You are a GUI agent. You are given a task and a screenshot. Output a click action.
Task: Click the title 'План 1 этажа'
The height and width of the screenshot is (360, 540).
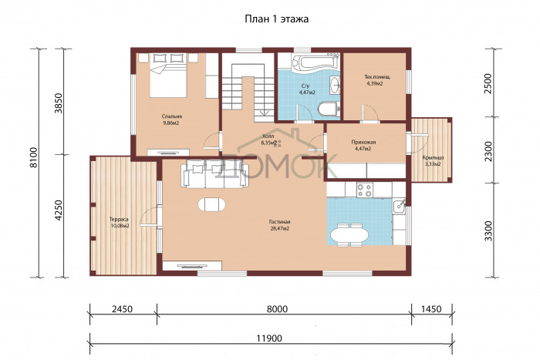click(x=276, y=19)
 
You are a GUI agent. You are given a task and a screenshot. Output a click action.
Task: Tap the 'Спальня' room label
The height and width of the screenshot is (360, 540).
click(x=171, y=116)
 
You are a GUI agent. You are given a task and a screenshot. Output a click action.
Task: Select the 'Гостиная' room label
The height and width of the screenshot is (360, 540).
click(x=279, y=222)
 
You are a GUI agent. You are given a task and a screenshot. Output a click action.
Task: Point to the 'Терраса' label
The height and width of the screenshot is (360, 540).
click(x=119, y=219)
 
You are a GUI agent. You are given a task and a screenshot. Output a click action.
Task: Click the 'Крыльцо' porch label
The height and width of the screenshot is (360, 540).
click(x=433, y=157)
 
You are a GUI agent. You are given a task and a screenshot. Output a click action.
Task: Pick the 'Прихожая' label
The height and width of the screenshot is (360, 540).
click(x=363, y=142)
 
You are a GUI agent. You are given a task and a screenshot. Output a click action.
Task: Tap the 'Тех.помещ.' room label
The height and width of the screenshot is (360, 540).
click(x=377, y=77)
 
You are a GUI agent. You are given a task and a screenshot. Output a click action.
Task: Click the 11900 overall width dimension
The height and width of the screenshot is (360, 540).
click(x=269, y=338)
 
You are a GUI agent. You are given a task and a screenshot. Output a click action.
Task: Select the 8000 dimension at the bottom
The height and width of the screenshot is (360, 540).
click(x=277, y=309)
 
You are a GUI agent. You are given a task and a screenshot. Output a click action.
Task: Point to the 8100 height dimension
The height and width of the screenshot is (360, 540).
click(x=33, y=157)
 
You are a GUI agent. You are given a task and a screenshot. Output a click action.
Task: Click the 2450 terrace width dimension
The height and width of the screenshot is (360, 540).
click(x=122, y=309)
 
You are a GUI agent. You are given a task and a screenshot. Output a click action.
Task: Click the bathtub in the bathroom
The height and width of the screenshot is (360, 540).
click(x=316, y=62)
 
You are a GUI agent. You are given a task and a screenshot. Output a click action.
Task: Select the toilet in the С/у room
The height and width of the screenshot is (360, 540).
click(x=329, y=109)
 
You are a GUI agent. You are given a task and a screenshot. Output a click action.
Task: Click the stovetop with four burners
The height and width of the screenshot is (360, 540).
click(x=365, y=190)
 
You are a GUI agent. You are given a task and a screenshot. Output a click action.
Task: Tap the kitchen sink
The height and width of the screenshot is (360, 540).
click(x=400, y=205)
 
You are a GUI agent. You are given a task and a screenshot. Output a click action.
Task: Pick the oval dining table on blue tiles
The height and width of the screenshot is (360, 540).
click(x=349, y=235)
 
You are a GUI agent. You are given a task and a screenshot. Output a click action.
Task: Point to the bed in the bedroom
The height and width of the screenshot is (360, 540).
click(x=168, y=76)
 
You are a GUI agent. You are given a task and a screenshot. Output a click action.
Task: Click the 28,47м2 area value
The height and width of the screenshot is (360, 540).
click(x=279, y=228)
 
